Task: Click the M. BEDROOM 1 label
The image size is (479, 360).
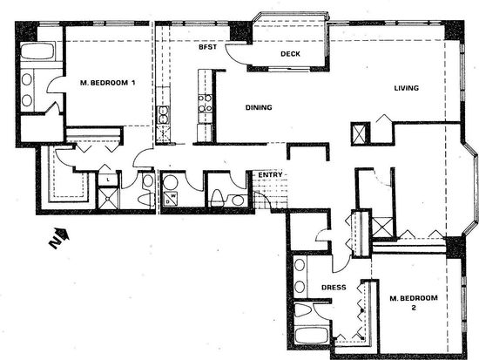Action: (107, 83)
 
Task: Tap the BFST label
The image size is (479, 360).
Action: (208, 47)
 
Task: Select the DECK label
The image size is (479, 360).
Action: (290, 54)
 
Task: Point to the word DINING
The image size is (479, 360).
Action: (259, 107)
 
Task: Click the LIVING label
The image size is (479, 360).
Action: (407, 88)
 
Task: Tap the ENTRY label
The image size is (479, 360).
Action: (270, 174)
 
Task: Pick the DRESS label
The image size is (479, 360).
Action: (334, 287)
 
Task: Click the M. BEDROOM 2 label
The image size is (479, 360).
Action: (414, 302)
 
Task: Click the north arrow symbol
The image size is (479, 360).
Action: (59, 238)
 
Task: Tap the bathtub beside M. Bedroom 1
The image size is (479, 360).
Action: (37, 51)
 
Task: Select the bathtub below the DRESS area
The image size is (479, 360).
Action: (312, 336)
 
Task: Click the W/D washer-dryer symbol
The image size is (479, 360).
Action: (171, 199)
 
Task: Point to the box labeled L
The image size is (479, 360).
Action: (108, 180)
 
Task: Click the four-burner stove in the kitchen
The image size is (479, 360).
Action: (205, 103)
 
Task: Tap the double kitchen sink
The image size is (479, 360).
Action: (163, 115)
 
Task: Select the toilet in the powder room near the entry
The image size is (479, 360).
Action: (217, 198)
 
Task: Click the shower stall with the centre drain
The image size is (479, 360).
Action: (108, 198)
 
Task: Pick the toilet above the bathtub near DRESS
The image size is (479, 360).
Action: (303, 310)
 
